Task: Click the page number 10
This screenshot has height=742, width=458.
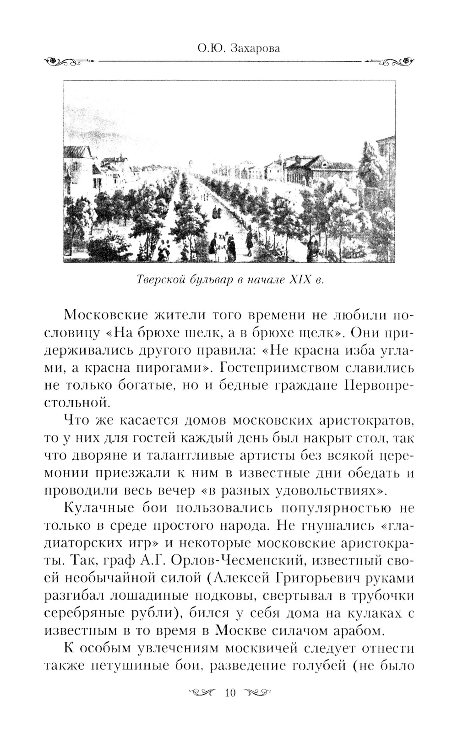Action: point(230,693)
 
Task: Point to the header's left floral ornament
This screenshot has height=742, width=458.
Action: point(69,61)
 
